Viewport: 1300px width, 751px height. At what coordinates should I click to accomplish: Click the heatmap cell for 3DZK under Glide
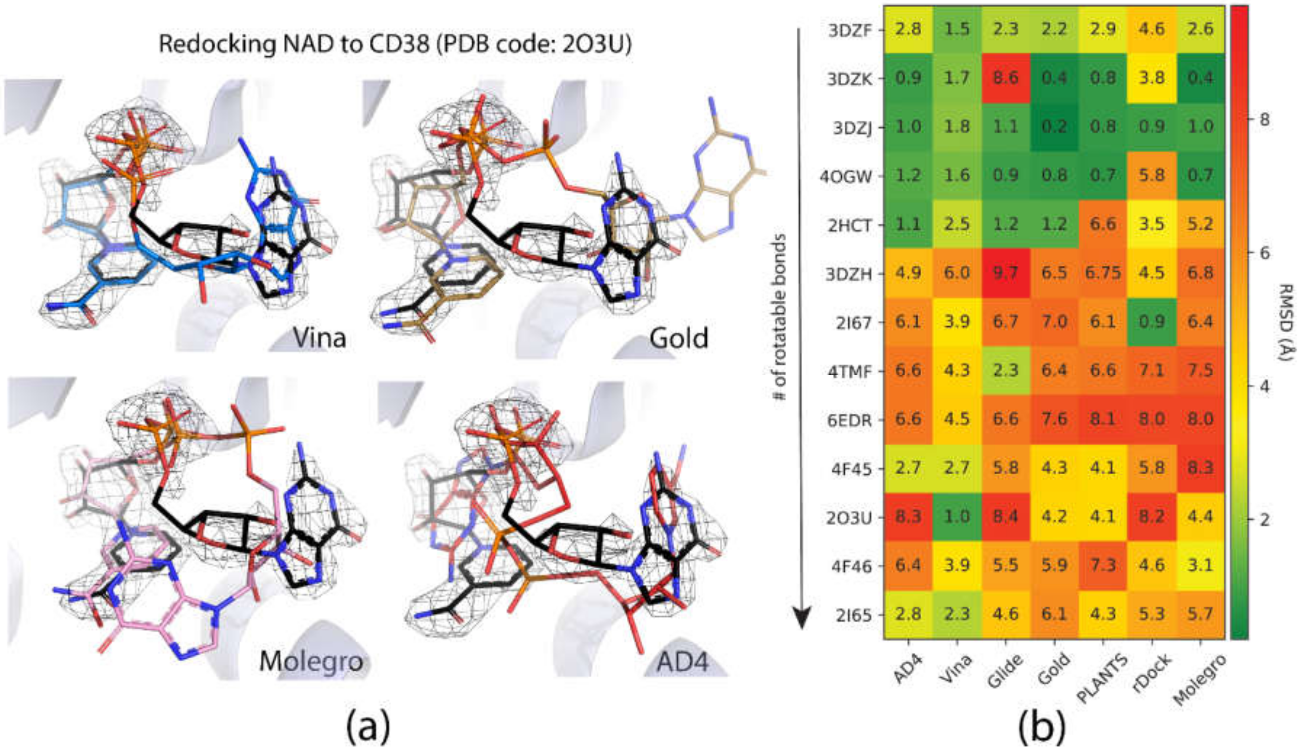pyautogui.click(x=1005, y=78)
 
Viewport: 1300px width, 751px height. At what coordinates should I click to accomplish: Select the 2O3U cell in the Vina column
pyautogui.click(x=956, y=517)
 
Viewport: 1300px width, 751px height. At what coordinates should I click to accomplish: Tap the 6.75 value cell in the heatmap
pyautogui.click(x=1102, y=273)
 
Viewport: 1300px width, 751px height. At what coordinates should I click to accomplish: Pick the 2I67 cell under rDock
pyautogui.click(x=1151, y=322)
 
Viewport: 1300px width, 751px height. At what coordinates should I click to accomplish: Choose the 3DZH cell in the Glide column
pyautogui.click(x=1005, y=273)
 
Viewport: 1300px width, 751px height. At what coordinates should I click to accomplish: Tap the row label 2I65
pyautogui.click(x=853, y=615)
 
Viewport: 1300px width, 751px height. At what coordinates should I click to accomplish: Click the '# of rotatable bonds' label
pyautogui.click(x=779, y=317)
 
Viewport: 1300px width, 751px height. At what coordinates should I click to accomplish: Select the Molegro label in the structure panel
pyautogui.click(x=311, y=661)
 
